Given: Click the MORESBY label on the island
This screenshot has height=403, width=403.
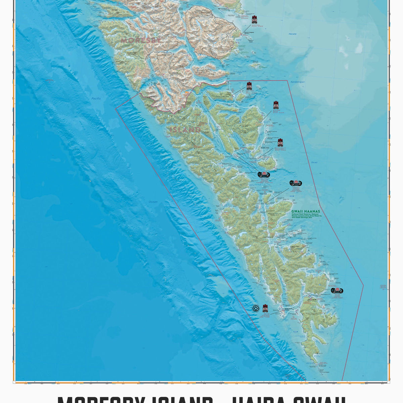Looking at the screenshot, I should point(141,40).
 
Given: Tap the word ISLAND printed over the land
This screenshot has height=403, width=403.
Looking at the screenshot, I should point(185,130).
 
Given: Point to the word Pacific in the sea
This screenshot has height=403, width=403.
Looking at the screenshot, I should point(96,98).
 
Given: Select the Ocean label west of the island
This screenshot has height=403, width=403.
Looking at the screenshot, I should point(153,202).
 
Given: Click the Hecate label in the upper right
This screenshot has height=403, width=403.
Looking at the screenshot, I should point(292,34).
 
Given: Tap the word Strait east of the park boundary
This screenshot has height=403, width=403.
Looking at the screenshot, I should point(314,163).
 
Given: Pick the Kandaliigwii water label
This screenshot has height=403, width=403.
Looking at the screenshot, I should point(298,82).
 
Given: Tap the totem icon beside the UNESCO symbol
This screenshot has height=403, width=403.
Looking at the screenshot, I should point(265,308).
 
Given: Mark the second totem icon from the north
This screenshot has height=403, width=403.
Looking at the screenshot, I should point(249,86).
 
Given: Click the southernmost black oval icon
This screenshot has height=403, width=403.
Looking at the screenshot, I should point(337,291).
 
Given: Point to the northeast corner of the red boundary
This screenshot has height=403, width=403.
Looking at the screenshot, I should point(287,81).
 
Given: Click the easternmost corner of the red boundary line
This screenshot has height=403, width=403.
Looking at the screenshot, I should point(363,285).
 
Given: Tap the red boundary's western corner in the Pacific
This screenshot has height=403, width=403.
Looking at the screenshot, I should point(116,108).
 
